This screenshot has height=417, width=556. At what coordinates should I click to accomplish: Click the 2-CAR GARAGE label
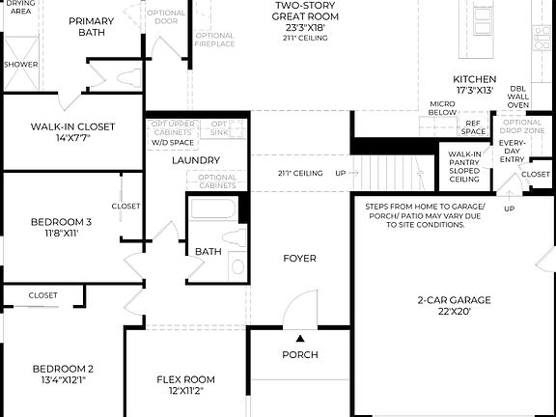[x=454, y=300]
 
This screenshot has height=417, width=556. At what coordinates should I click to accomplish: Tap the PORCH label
[x=299, y=355]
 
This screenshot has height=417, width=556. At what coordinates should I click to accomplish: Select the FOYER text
[x=299, y=258]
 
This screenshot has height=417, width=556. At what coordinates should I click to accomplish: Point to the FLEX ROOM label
[x=185, y=379]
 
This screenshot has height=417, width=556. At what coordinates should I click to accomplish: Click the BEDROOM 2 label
[x=63, y=369]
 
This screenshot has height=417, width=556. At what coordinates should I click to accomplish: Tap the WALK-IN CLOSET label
[x=72, y=126]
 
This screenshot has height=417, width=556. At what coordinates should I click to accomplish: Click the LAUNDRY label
[x=196, y=160]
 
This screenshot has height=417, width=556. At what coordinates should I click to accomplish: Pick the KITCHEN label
[x=475, y=79]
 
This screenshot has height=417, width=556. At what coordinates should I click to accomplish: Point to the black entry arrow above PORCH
[x=300, y=339]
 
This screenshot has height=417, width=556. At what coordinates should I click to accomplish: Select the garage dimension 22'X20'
[x=454, y=312]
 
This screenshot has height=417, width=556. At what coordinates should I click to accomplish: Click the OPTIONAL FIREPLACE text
[x=214, y=40]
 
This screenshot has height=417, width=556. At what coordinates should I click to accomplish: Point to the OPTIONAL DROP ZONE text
[x=522, y=126]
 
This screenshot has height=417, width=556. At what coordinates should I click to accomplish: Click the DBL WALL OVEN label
[x=518, y=97]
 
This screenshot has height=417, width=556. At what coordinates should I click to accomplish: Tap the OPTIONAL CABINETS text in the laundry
[x=217, y=181]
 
